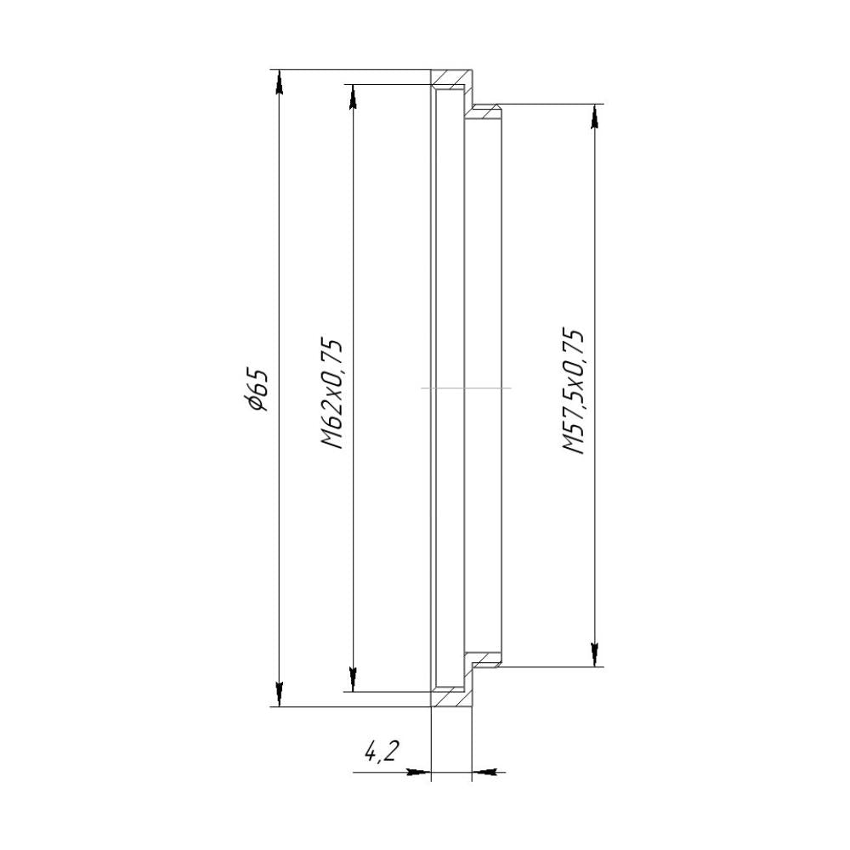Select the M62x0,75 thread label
pos(331,394)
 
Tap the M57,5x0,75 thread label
pos(573,390)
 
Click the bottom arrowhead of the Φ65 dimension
pos(279,694)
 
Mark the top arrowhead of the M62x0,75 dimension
pos(353,98)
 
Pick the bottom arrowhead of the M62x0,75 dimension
pos(353,679)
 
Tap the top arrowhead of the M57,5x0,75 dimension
pos(595,116)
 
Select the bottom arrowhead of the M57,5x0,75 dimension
pos(595,654)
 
